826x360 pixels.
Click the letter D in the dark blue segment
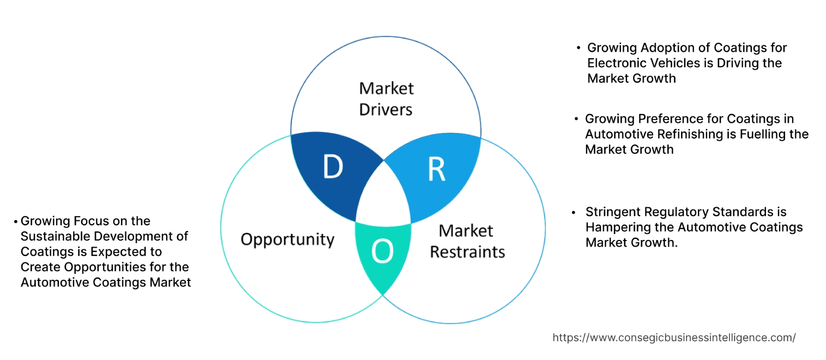[x=333, y=167]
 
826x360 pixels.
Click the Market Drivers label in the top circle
[x=386, y=99]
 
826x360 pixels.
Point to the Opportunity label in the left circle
[x=287, y=239]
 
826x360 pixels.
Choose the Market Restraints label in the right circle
[x=467, y=241]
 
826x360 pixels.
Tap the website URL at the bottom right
[x=674, y=338]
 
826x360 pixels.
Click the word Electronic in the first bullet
[x=614, y=63]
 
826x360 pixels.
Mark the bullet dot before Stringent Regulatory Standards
[x=574, y=212]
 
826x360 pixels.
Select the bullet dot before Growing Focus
[x=16, y=221]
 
